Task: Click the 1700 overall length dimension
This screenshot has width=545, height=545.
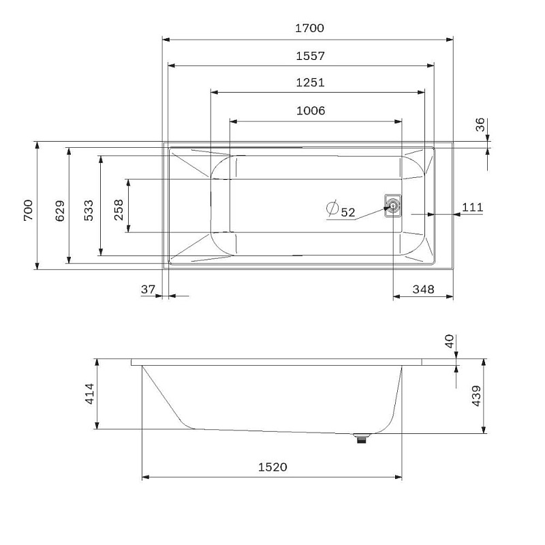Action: coord(309,28)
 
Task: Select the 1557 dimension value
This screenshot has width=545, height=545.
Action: coord(310,56)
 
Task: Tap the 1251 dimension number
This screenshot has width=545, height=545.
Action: coord(310,82)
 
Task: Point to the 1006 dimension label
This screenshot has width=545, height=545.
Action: coord(311,111)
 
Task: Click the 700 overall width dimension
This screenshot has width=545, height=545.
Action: coord(28,210)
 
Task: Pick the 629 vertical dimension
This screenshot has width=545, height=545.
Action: coord(60,211)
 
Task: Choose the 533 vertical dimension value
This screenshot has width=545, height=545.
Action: coord(89,210)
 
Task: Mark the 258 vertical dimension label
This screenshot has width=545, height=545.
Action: coord(119,210)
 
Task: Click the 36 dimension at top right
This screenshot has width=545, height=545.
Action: coord(480,125)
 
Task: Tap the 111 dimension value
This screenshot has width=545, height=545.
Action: coord(472,208)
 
